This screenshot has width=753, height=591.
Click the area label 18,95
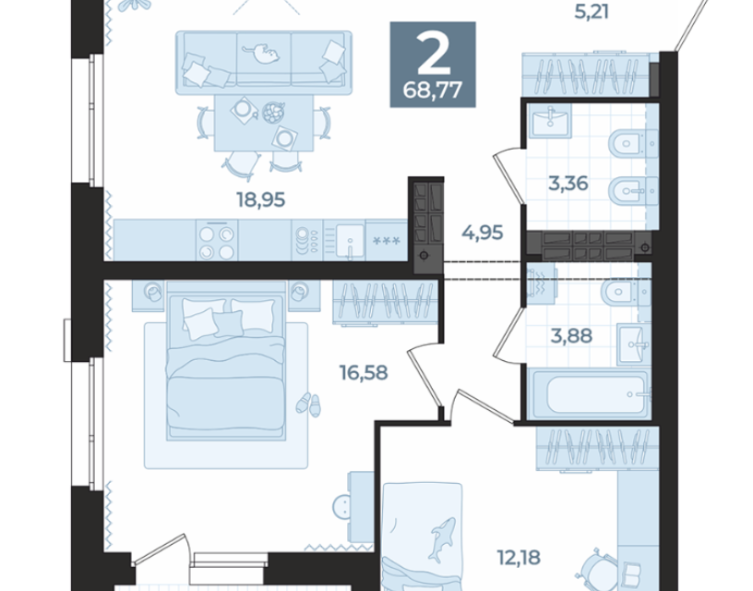tap(261, 199)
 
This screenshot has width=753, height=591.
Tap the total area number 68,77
tap(433, 90)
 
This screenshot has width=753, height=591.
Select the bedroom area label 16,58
tap(364, 372)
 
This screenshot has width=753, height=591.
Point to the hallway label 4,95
tap(482, 233)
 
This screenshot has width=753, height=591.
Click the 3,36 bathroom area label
tap(568, 183)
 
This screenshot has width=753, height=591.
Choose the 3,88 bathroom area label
tap(571, 336)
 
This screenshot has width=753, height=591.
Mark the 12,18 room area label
tap(519, 558)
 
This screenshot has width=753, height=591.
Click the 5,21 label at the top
tap(592, 12)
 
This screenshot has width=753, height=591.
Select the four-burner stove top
tap(217, 241)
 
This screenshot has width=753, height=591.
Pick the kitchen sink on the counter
tap(350, 240)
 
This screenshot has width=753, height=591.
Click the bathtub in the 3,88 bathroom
tap(590, 394)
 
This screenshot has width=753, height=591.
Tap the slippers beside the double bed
tap(308, 404)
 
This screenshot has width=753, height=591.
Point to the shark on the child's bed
tap(442, 539)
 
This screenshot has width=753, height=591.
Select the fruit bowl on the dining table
tap(273, 113)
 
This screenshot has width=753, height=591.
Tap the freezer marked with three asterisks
tap(387, 240)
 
